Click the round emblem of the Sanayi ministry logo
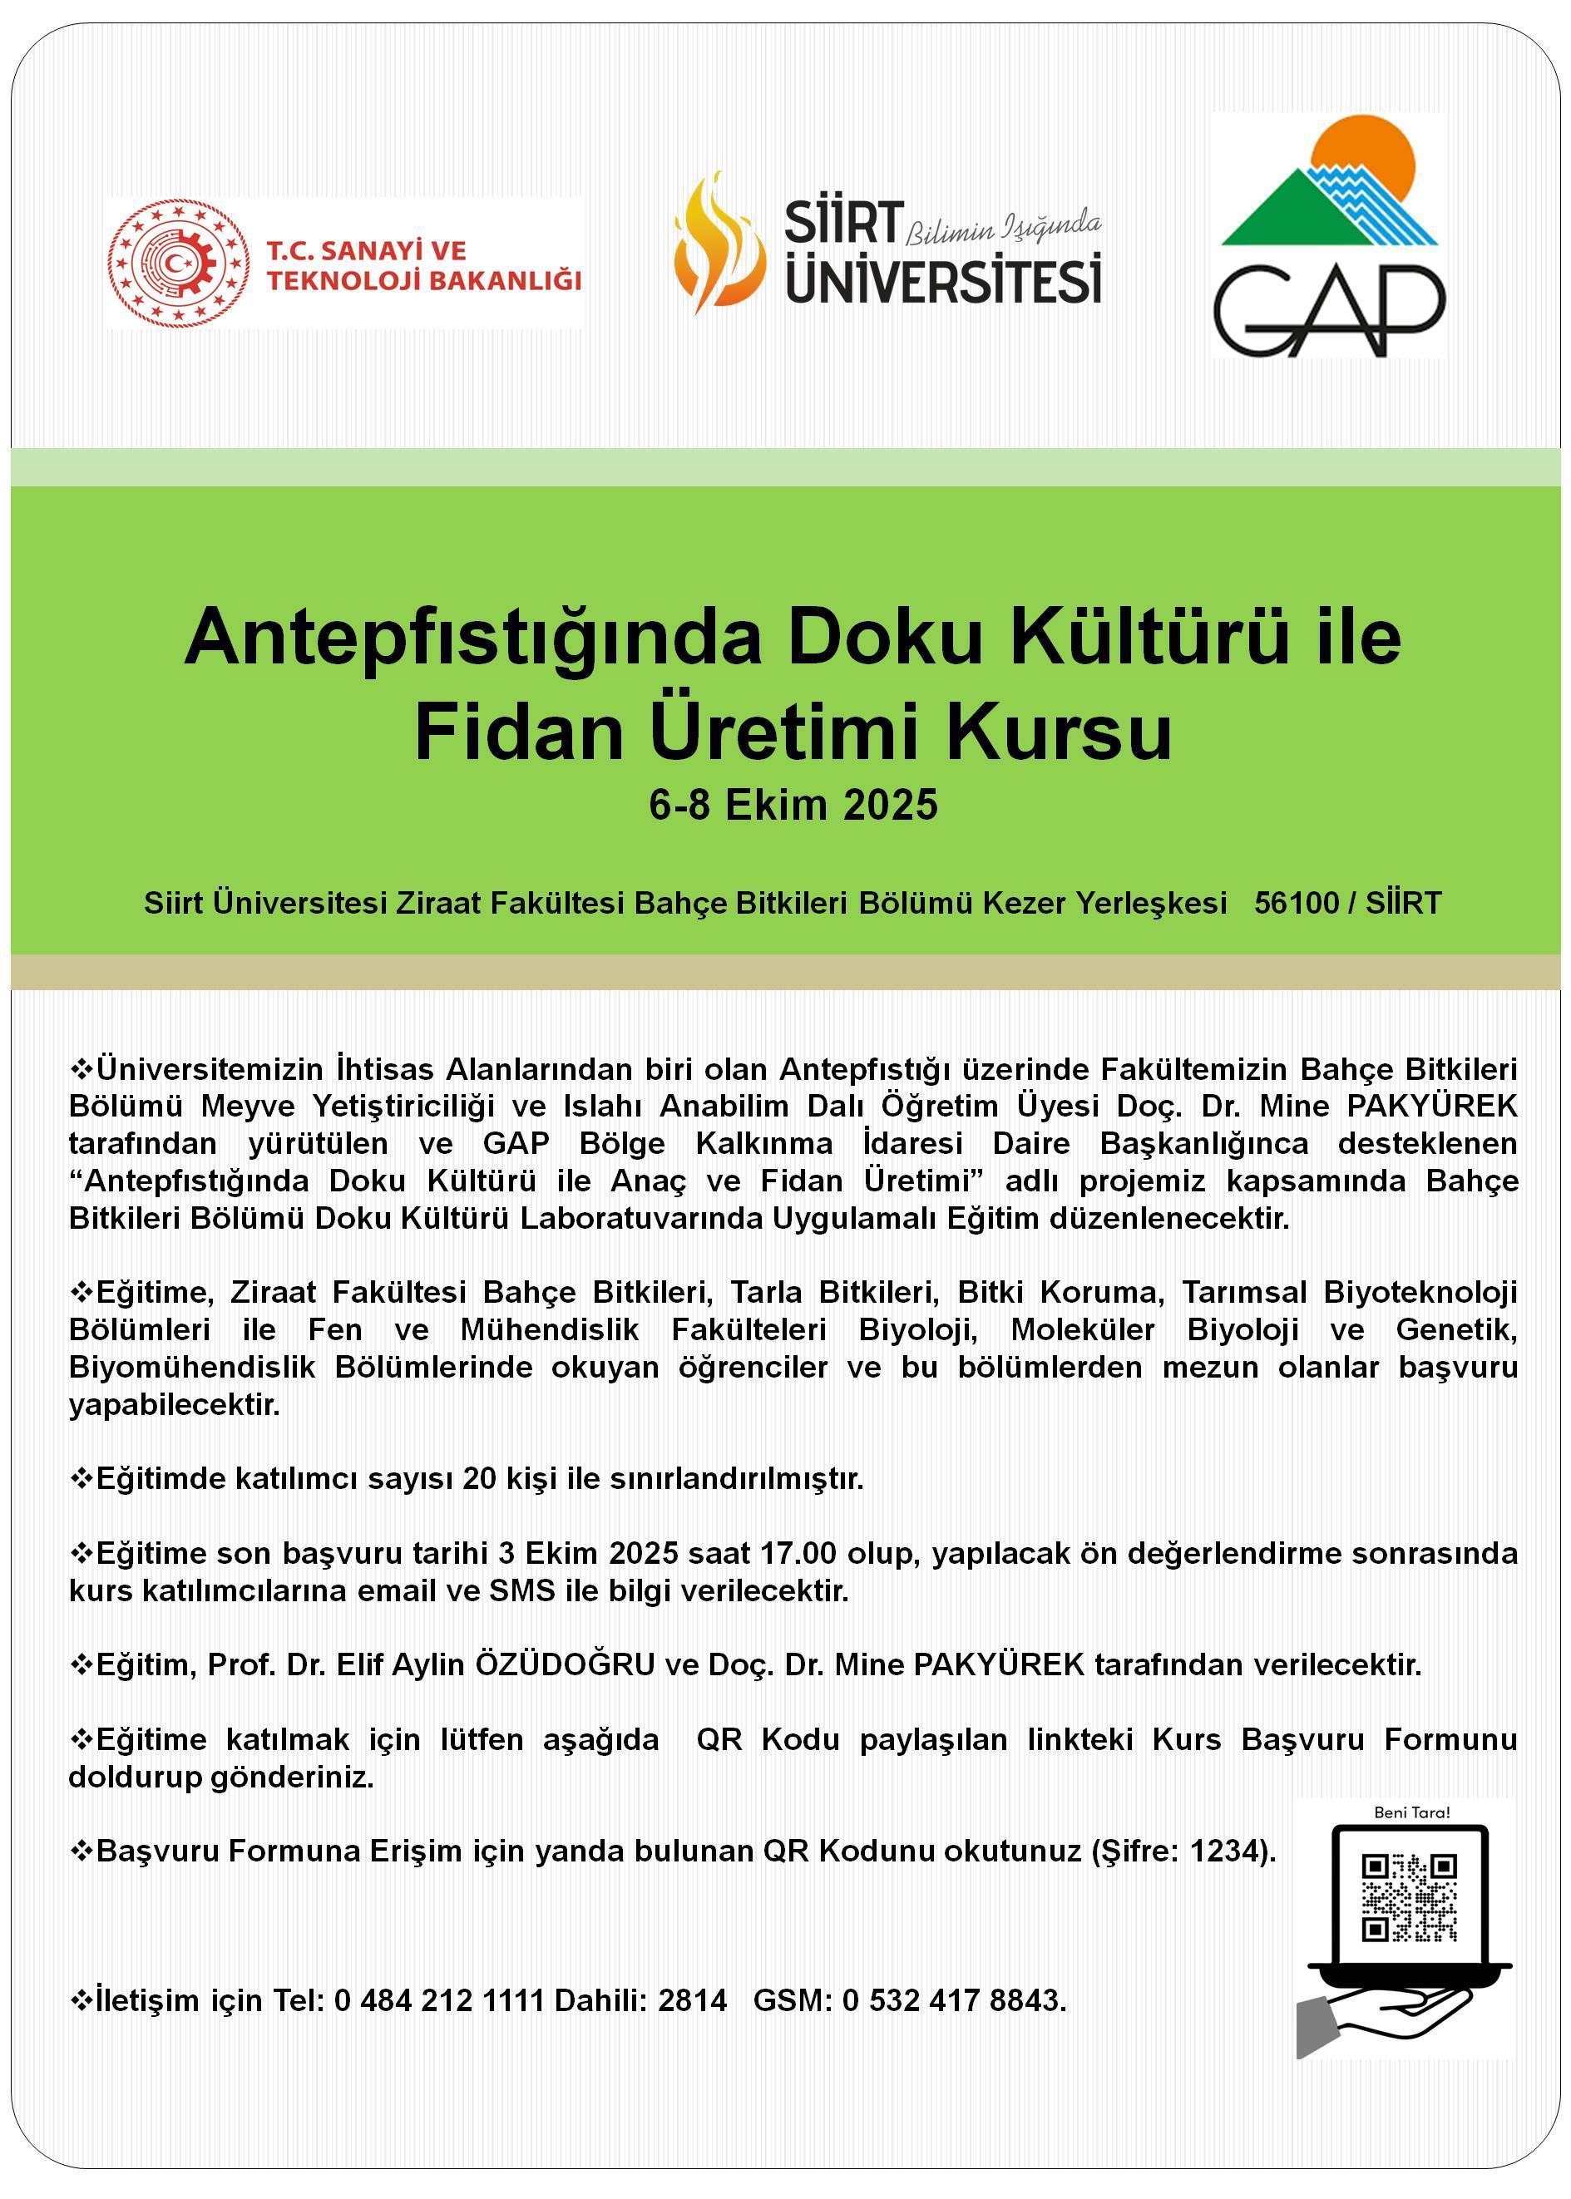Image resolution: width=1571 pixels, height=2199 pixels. pos(178,263)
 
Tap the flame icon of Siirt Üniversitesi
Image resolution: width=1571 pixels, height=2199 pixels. pos(713,243)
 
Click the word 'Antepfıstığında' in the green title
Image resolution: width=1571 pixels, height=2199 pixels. pos(473,638)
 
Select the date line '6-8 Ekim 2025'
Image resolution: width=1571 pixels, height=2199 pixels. pos(793,805)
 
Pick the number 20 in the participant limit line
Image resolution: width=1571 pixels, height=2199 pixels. pos(479,1478)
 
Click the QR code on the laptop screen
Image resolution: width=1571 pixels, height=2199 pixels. pos(1409,1897)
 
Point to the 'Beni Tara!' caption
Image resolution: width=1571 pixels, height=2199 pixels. pos(1411,1812)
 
